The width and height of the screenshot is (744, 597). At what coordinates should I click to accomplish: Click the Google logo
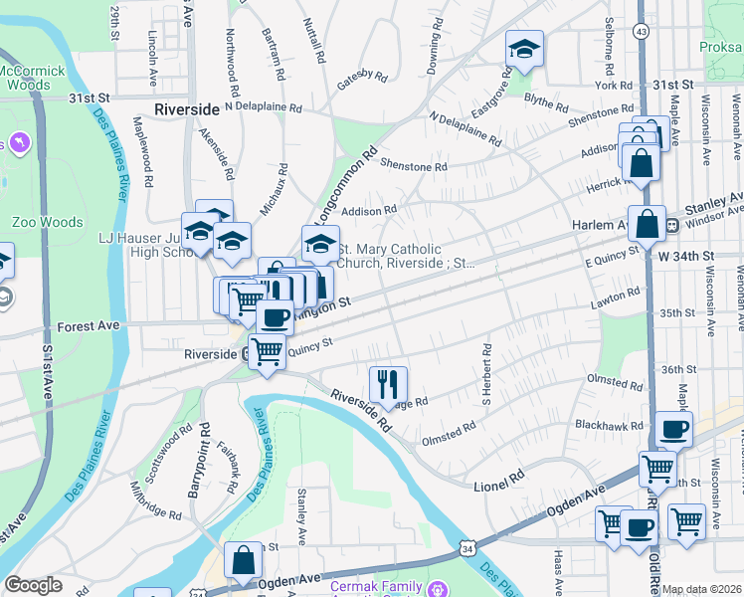[33, 585]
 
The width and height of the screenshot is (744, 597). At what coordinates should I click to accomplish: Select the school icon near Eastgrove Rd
[523, 49]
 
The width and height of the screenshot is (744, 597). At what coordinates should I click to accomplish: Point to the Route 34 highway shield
[466, 548]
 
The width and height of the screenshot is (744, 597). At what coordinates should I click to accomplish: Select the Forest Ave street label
[89, 325]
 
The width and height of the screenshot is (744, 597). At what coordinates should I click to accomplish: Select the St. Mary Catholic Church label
[408, 257]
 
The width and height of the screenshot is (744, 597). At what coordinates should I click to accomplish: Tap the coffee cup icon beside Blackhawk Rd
[673, 430]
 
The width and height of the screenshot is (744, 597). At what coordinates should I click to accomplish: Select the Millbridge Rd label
[157, 501]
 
